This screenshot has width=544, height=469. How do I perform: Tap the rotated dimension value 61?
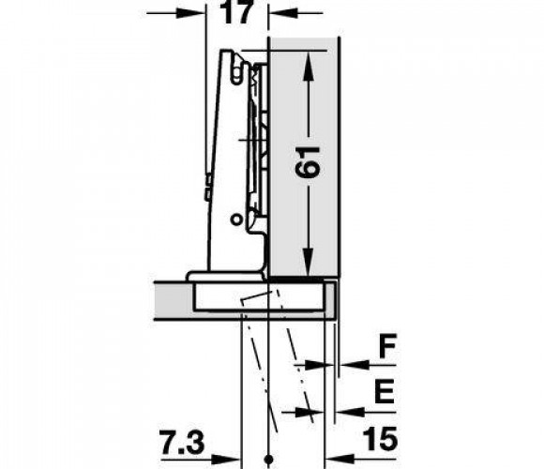tap(307, 162)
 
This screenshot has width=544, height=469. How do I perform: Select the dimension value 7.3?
tap(182, 442)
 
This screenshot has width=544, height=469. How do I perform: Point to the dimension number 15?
tap(380, 440)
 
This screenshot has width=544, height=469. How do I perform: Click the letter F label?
tap(387, 345)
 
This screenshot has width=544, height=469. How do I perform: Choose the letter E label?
tap(385, 391)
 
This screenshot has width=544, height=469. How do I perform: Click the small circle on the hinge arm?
tap(236, 219)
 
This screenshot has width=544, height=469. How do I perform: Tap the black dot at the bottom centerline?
tap(268, 460)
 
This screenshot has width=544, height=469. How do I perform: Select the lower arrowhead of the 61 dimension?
tap(308, 262)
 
